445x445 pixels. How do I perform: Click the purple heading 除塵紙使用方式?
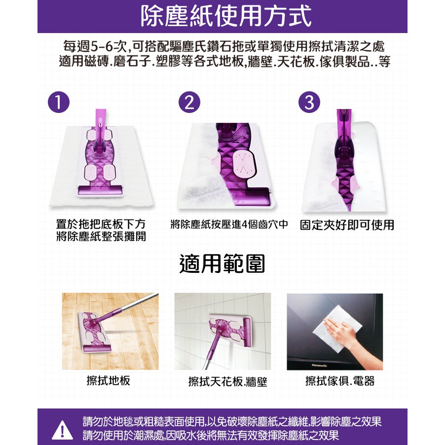[x=226, y=16]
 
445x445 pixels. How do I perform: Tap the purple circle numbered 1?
[x=59, y=102]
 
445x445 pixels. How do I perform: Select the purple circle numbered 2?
[x=189, y=102]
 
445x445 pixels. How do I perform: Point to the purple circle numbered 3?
[x=309, y=102]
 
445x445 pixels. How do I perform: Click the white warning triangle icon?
[x=63, y=429]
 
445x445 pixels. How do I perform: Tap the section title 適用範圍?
[x=222, y=264]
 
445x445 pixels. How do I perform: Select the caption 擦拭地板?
[x=109, y=380]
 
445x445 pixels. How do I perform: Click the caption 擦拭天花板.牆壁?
[x=227, y=381]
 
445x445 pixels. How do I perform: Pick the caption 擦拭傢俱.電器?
[x=340, y=381]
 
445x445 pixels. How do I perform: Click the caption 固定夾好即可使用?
[x=347, y=225]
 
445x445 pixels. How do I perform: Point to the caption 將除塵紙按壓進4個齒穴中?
[x=229, y=224]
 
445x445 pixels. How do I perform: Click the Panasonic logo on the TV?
[x=319, y=365]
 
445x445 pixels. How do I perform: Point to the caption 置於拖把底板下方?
[x=101, y=224]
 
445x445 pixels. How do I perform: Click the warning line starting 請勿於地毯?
[x=232, y=422]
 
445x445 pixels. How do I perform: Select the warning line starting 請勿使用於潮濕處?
[x=211, y=435]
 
